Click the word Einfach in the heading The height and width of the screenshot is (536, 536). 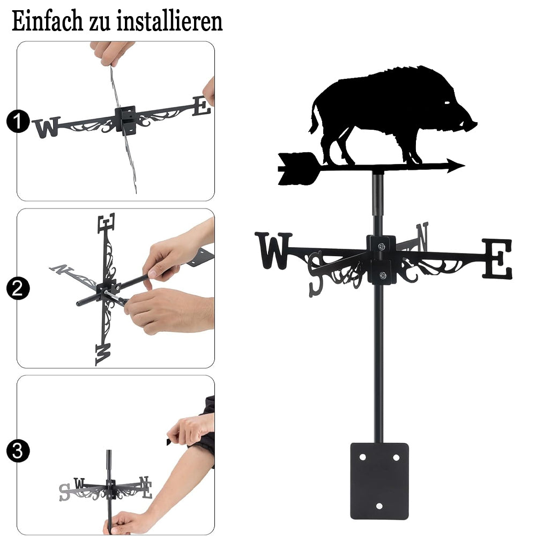tap(47, 21)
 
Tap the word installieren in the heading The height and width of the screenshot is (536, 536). tap(169, 21)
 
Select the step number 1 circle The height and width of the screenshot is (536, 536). tap(18, 121)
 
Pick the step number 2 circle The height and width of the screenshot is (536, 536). tap(18, 288)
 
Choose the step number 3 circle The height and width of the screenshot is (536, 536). tap(18, 451)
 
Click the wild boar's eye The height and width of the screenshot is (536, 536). tap(447, 102)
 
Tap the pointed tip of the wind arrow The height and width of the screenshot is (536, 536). tap(464, 166)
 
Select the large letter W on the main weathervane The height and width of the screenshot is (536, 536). tap(273, 250)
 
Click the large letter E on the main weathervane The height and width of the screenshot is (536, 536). tap(497, 259)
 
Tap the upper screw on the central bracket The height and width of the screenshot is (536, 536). tap(382, 246)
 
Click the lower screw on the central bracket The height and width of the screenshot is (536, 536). tap(383, 275)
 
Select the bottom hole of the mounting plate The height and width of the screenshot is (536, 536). tap(379, 506)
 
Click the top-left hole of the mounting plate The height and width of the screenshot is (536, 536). tap(362, 457)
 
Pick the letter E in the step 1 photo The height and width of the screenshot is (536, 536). tap(202, 106)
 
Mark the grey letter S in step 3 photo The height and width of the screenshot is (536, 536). tap(65, 492)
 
